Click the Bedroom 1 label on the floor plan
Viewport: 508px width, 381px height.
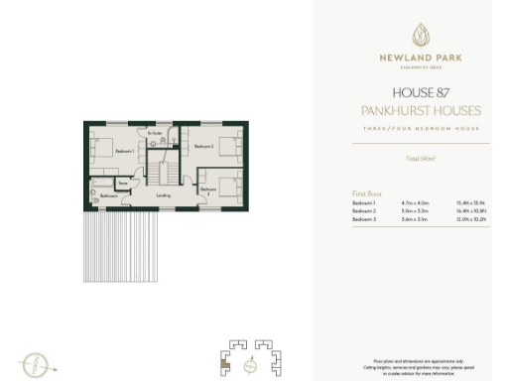click(x=124, y=151)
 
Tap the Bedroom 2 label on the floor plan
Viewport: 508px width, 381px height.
click(x=203, y=147)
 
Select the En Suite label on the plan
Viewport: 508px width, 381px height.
click(x=156, y=133)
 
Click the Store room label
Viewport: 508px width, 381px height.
click(x=124, y=184)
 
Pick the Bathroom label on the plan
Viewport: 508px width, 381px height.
click(x=109, y=196)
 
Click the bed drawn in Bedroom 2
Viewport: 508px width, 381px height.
click(x=229, y=147)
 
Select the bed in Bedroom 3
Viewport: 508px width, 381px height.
click(x=231, y=187)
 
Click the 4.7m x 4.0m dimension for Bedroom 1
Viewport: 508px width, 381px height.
click(x=405, y=201)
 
